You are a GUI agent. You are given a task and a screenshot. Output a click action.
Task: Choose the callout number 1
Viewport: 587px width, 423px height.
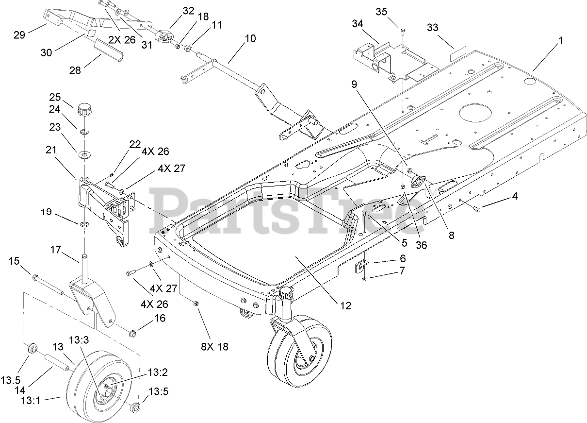coord(560,41)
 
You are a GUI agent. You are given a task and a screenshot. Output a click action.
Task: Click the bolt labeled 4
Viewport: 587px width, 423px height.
coord(476,208)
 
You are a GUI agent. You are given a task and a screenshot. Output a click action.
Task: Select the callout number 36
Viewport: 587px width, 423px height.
coord(421,245)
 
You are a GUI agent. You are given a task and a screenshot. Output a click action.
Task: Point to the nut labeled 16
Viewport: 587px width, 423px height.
coord(132,333)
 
